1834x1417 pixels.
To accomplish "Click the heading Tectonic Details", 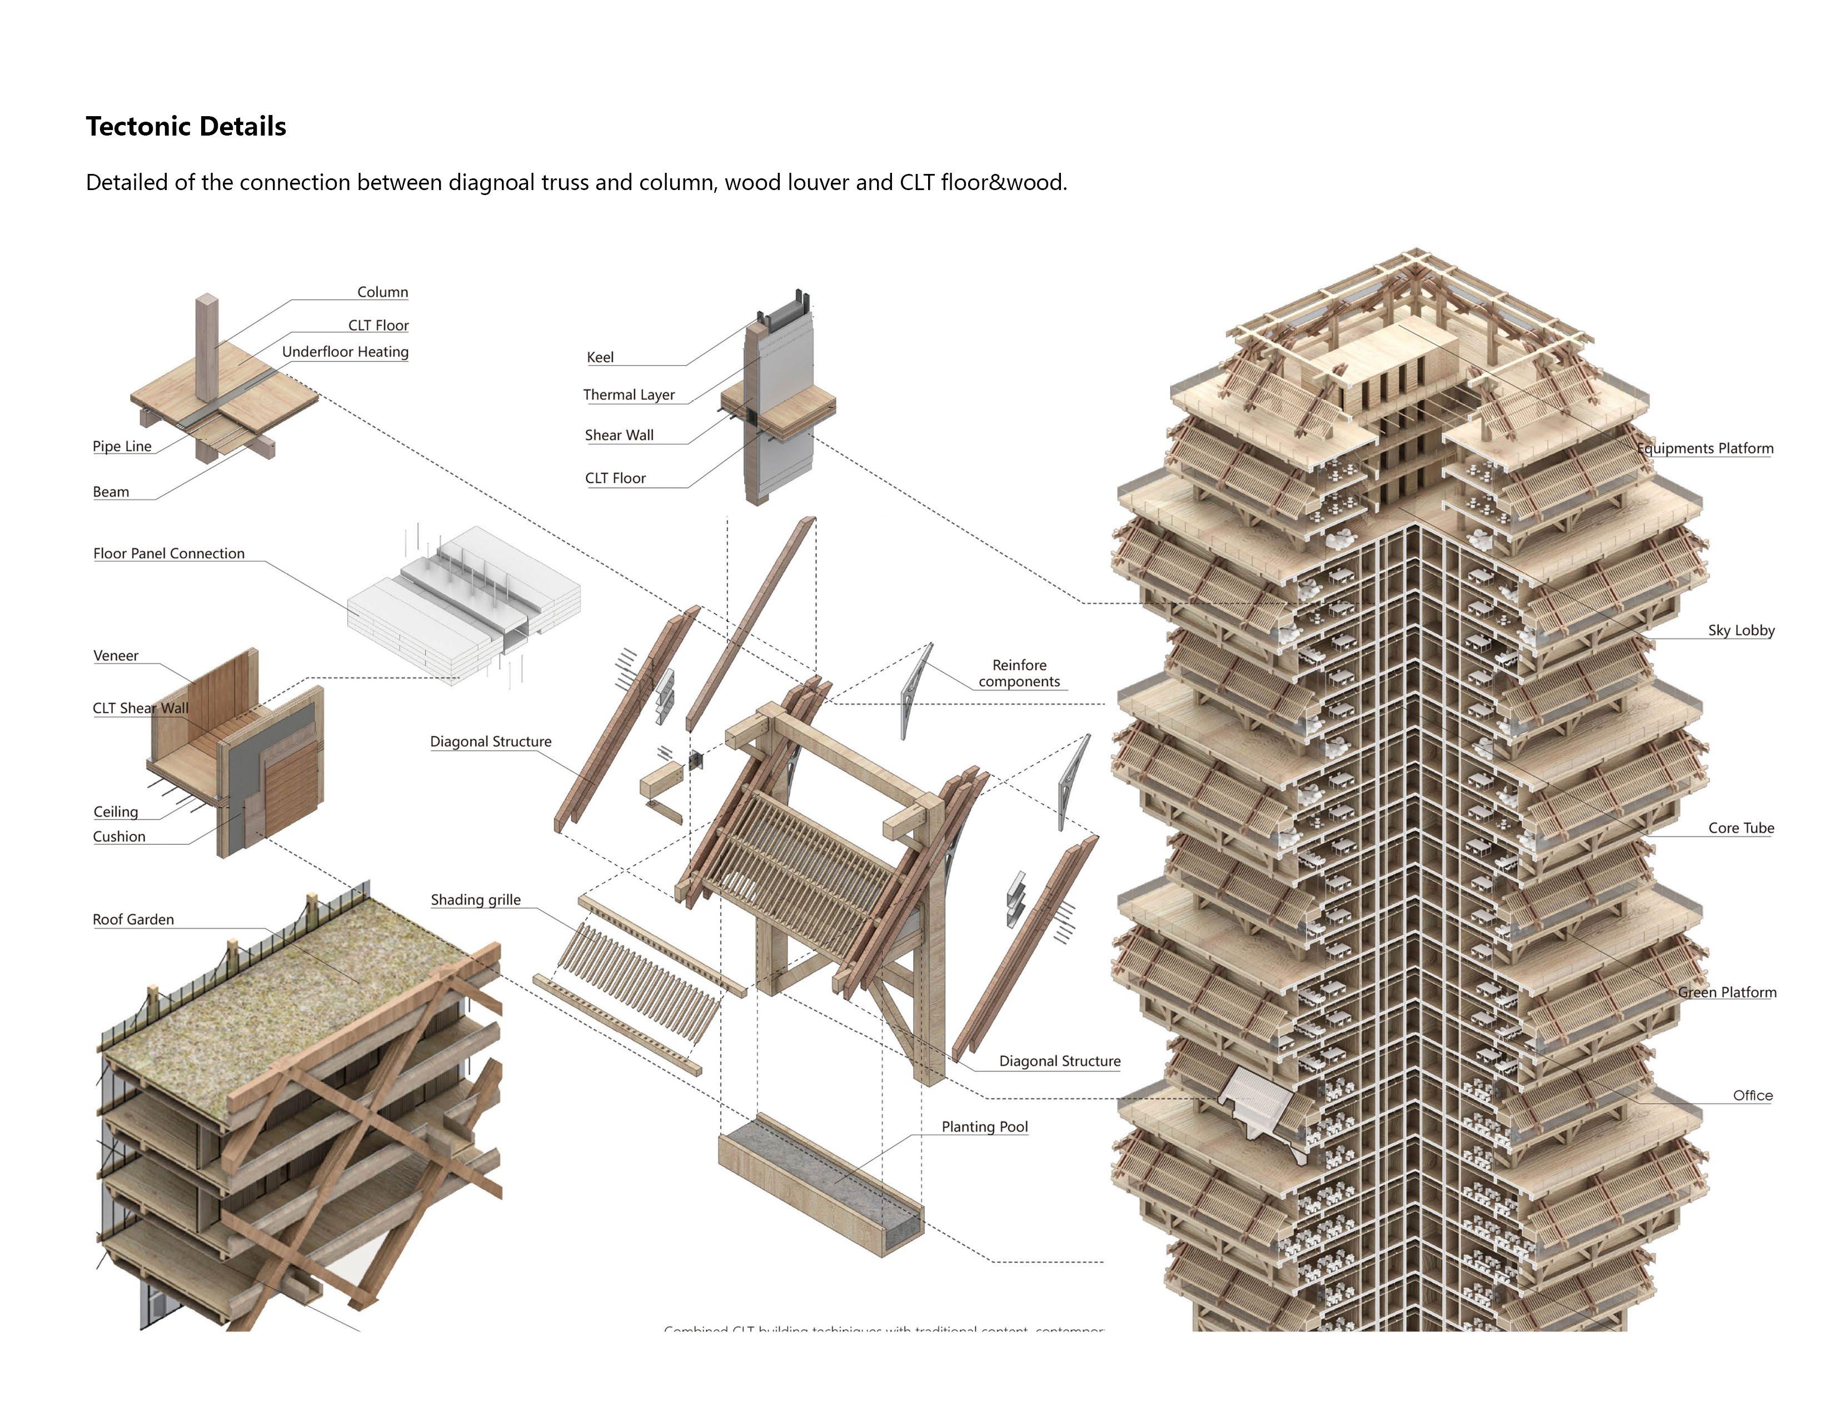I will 186,127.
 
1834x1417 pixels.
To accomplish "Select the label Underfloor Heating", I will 345,352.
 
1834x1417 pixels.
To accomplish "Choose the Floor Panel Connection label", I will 169,554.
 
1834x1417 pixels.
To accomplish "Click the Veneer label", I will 116,656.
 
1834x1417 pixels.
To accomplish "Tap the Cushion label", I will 119,837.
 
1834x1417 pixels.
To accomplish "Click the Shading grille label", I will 475,900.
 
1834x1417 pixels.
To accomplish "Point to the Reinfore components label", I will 1019,673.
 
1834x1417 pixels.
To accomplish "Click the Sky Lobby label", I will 1740,631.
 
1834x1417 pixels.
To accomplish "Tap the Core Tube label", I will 1740,829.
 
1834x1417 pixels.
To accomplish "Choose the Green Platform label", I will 1727,993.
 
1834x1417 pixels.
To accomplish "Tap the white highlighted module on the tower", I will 1257,1100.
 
